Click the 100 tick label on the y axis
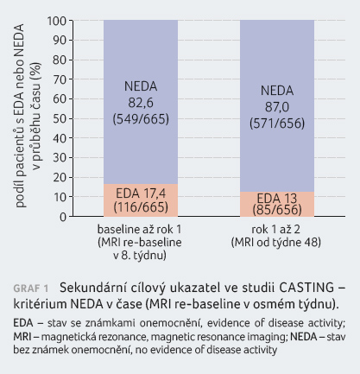coord(56,21)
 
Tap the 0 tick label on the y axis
coord(63,217)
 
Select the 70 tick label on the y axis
coord(60,79)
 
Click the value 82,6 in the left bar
coord(141,103)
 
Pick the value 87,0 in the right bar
coord(277,107)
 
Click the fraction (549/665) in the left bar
coord(141,119)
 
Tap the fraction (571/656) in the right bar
coord(277,124)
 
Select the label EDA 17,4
coord(141,193)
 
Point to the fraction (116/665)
coord(141,206)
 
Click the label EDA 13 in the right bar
coord(277,198)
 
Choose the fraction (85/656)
coord(277,210)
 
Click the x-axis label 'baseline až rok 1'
coord(140,230)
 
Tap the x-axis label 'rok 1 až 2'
coord(275,230)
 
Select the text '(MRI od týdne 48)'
coord(275,243)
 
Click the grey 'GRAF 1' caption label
coord(31,288)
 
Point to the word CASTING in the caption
coord(306,288)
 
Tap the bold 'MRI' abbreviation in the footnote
coord(22,337)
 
